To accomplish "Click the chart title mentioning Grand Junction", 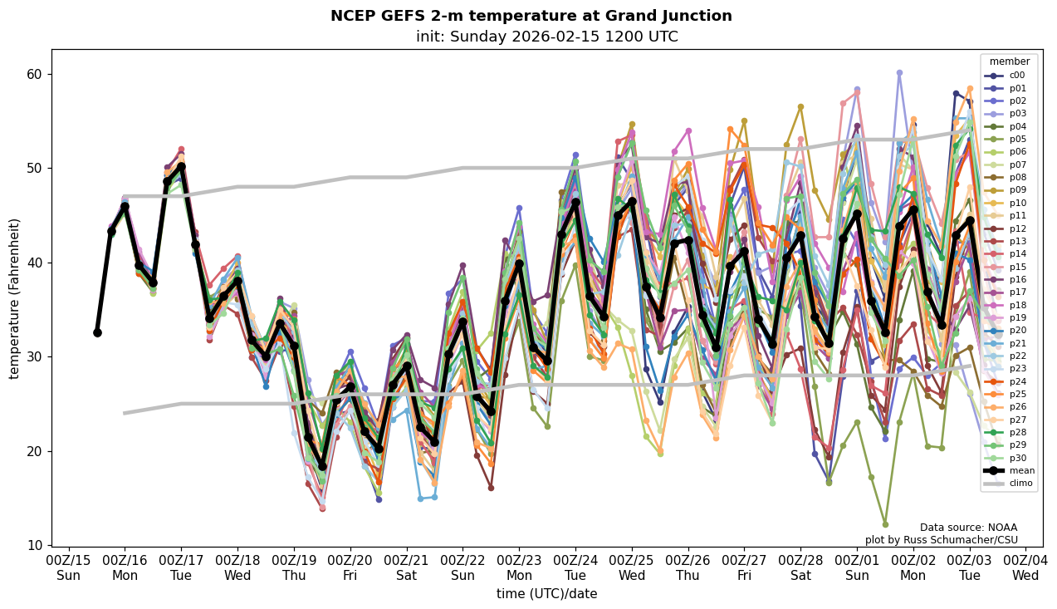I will point(531,16).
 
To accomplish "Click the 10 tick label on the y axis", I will point(35,546).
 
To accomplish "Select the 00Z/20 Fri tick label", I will point(350,568).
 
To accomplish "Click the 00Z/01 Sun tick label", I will point(857,568).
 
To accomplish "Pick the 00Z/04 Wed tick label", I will point(1025,568).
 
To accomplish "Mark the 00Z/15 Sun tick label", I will point(69,568).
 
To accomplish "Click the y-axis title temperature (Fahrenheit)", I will point(15,298).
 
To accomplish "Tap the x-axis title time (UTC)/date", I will point(546,594).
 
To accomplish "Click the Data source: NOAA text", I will point(968,528).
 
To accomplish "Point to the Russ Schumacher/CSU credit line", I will point(941,540).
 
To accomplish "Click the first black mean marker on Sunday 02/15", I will point(97,332).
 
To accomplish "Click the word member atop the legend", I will point(1009,61).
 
